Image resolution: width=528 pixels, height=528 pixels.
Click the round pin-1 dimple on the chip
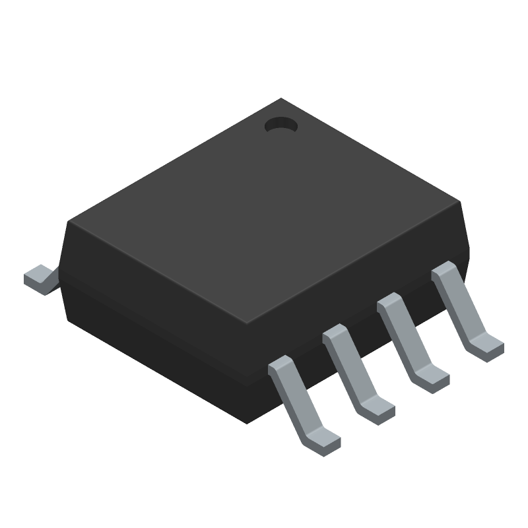281,125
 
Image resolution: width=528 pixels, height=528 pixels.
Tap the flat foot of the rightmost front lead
488,345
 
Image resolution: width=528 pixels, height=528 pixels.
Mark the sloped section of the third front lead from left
404,339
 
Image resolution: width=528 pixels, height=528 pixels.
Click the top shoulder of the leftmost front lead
280,365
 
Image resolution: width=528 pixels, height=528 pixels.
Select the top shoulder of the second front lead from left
335,334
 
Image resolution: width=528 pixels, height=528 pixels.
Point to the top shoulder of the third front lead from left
389,303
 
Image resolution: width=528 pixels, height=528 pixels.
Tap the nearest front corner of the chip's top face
246,325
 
